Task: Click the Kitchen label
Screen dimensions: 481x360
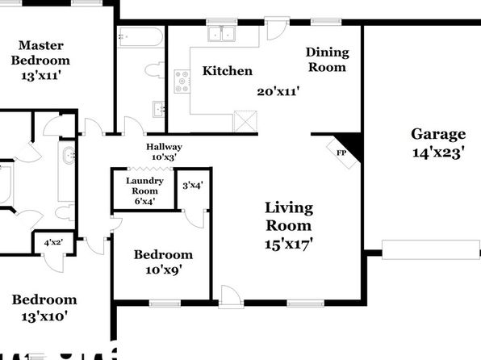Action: coord(228,71)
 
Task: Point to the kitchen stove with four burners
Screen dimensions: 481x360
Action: coord(182,82)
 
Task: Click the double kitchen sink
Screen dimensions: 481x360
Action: coord(222,34)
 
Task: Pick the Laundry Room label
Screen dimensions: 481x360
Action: coord(144,186)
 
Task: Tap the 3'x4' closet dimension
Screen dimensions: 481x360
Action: coord(193,186)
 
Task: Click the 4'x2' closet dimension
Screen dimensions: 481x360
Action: coord(54,243)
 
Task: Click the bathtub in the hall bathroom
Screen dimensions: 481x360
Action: coord(140,37)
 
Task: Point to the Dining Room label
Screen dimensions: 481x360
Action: coord(328,60)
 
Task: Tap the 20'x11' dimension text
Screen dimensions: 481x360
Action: coord(278,91)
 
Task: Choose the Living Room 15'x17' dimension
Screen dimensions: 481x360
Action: coord(289,245)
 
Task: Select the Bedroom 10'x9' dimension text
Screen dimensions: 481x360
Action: coord(164,270)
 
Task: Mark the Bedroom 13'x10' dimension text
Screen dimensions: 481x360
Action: coord(44,316)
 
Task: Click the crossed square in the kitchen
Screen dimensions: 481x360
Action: coord(245,121)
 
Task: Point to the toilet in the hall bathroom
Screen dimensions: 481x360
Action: coord(154,70)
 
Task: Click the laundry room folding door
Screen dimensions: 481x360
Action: coord(150,169)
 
